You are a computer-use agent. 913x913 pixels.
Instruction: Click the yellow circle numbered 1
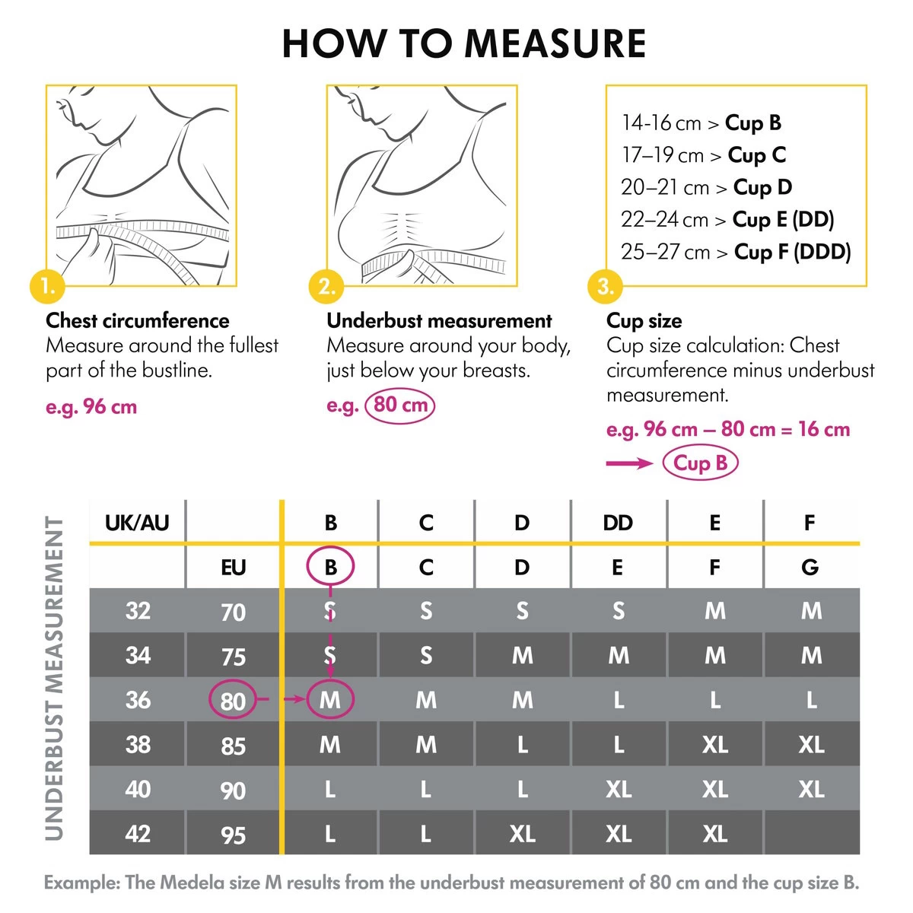[48, 287]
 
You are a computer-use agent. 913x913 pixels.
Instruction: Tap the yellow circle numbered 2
[327, 287]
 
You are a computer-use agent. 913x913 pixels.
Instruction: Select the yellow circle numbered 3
[606, 287]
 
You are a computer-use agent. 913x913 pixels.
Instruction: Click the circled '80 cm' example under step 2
[400, 405]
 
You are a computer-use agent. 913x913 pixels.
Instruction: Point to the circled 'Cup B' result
[700, 463]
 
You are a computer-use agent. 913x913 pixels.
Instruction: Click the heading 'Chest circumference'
[138, 320]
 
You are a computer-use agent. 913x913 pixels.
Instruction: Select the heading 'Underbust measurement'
[439, 320]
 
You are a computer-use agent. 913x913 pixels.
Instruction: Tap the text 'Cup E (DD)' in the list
[783, 220]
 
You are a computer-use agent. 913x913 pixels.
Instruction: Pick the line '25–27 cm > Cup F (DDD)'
[735, 252]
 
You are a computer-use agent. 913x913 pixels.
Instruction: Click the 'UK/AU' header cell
[137, 523]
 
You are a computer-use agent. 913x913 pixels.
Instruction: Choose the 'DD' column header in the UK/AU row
[618, 523]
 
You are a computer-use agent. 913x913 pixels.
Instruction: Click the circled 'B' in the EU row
[330, 567]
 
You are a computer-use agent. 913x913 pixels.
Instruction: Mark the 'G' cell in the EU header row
[810, 567]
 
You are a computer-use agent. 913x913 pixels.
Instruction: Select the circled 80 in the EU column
[233, 700]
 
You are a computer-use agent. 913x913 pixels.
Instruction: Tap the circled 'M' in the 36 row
[330, 700]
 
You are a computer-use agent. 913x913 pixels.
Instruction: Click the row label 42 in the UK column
[138, 834]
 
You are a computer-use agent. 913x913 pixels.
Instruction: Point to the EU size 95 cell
[233, 835]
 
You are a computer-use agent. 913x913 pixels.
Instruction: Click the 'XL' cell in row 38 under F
[811, 745]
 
